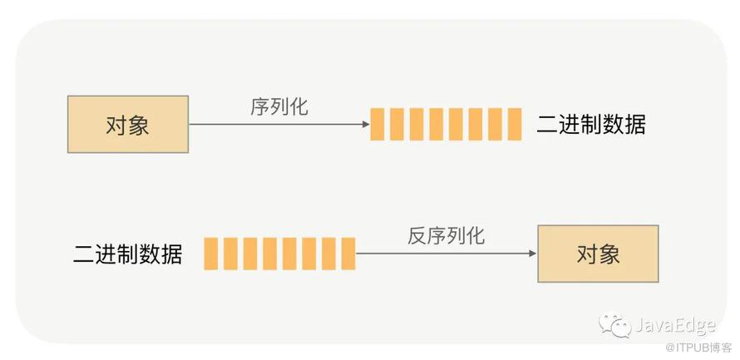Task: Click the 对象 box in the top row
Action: pyautogui.click(x=128, y=125)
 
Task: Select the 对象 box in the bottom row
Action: pyautogui.click(x=598, y=254)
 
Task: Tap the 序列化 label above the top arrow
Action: pyautogui.click(x=279, y=107)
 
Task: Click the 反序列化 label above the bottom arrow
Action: pyautogui.click(x=446, y=236)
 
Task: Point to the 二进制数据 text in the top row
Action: pyautogui.click(x=591, y=125)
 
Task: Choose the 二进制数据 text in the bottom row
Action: pyautogui.click(x=127, y=254)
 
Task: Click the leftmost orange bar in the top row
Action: pyautogui.click(x=377, y=125)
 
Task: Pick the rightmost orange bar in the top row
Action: pyautogui.click(x=515, y=125)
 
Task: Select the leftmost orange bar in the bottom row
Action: pyautogui.click(x=211, y=254)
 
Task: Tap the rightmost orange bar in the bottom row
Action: pyautogui.click(x=348, y=254)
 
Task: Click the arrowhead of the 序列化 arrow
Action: pyautogui.click(x=366, y=125)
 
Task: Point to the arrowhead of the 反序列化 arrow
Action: pyautogui.click(x=533, y=254)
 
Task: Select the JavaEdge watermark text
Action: pyautogui.click(x=675, y=326)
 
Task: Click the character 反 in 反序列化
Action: pyautogui.click(x=417, y=236)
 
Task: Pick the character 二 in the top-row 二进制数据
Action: pyautogui.click(x=547, y=126)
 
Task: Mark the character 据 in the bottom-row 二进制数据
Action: pyautogui.click(x=171, y=254)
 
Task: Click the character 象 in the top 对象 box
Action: pyautogui.click(x=139, y=125)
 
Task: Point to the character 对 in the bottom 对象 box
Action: pyautogui.click(x=587, y=254)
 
